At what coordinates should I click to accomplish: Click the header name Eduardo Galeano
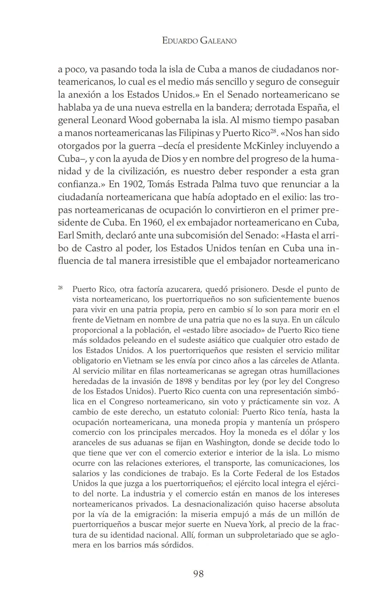click(x=199, y=41)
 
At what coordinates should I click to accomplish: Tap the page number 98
click(x=199, y=574)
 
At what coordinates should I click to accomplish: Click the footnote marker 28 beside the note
click(x=60, y=288)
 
